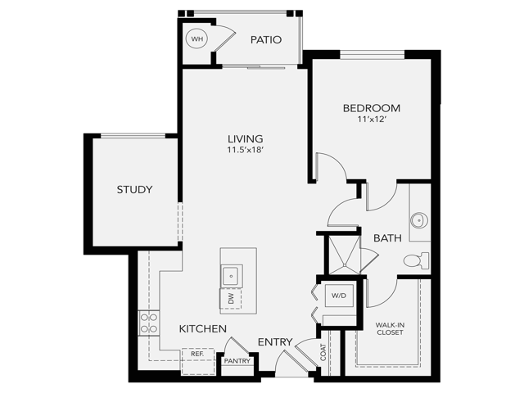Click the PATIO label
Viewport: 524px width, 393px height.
266,39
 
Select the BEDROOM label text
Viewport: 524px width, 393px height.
371,108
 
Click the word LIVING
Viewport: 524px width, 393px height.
242,138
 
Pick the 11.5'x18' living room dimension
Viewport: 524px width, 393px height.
242,151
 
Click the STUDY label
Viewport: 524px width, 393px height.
134,190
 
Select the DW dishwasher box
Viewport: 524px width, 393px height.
231,300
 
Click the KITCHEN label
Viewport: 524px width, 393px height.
202,328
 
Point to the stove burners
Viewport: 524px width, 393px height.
148,323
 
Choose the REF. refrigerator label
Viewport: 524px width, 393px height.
197,354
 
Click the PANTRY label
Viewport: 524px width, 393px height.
237,361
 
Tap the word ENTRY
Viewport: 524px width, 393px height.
275,341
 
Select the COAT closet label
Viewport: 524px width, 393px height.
323,353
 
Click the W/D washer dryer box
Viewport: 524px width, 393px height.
339,296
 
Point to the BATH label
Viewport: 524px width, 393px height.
387,238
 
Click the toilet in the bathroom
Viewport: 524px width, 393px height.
416,261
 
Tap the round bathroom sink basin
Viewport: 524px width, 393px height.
419,219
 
